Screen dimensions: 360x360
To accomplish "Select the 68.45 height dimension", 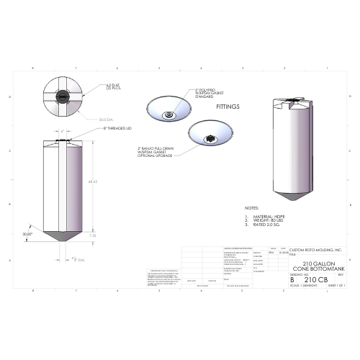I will click(92, 181).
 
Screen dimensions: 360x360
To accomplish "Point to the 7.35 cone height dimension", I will click(92, 235).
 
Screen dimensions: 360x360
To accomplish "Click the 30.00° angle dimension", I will click(27, 234).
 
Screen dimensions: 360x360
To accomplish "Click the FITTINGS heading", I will click(228, 105).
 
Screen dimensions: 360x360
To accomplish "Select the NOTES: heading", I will click(251, 208).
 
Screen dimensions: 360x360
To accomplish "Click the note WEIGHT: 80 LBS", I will click(267, 220).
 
